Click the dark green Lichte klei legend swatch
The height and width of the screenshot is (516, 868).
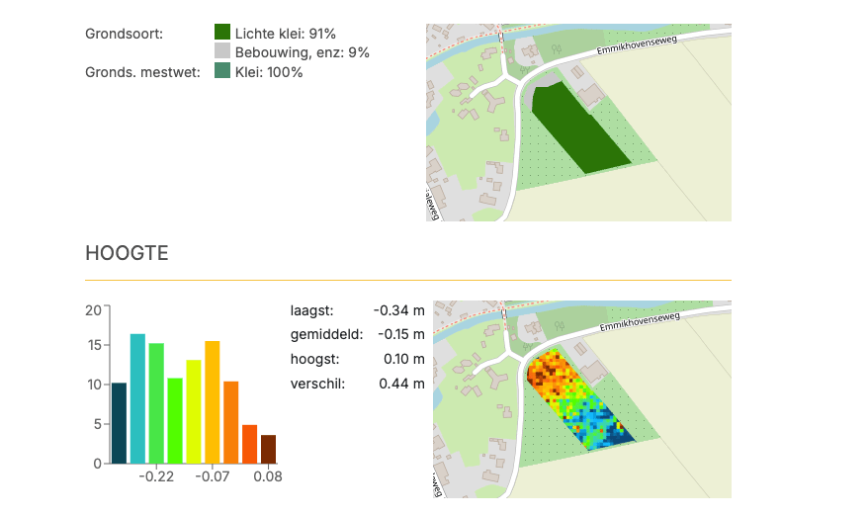pos(222,32)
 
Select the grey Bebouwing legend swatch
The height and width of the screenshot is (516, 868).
pos(222,51)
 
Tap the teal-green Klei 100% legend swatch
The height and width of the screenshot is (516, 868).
pos(222,70)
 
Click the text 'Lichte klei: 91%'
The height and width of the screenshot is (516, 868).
pos(285,34)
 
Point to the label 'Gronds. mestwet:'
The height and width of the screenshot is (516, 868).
pos(142,72)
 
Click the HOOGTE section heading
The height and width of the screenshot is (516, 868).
pos(127,253)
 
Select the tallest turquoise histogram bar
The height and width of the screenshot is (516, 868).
pos(137,398)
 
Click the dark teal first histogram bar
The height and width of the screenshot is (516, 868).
pos(119,423)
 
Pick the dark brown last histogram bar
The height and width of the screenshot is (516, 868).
pos(269,449)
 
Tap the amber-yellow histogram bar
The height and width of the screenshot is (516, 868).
pos(213,402)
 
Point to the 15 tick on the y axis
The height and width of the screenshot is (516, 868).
pos(95,345)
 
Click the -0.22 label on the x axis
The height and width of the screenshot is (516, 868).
pos(156,476)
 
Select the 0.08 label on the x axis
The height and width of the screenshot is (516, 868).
pos(268,476)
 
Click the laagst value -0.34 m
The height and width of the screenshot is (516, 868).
pos(399,310)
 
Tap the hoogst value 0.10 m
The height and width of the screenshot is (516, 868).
pos(404,359)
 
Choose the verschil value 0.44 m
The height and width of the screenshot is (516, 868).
pos(402,384)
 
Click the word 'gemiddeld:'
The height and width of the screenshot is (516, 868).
pos(326,335)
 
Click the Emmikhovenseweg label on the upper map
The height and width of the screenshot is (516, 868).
pos(637,45)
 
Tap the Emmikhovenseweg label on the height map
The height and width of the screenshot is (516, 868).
pos(640,322)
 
